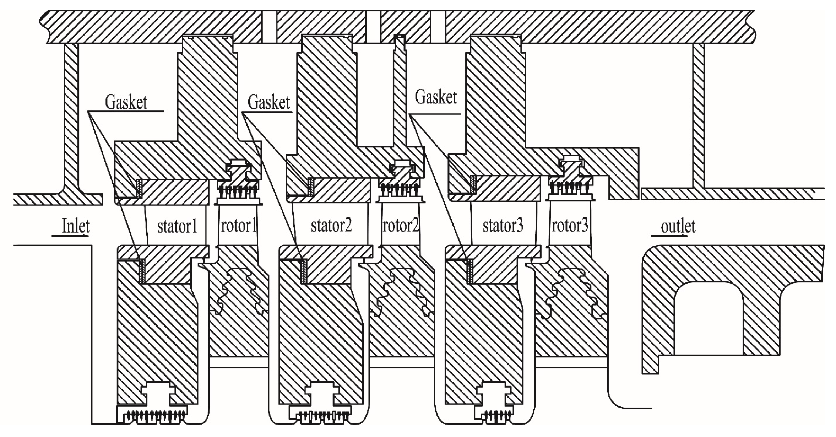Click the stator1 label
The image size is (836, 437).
click(177, 226)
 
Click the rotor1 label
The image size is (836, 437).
click(238, 226)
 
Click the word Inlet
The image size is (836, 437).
click(76, 226)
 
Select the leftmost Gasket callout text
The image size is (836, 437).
click(126, 102)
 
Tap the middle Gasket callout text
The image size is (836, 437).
click(269, 102)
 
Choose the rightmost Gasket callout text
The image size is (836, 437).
click(436, 97)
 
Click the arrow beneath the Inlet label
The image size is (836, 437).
click(71, 236)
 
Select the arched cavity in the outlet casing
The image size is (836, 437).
click(709, 318)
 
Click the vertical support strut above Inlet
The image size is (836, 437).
click(71, 117)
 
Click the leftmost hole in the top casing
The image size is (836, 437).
click(269, 27)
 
